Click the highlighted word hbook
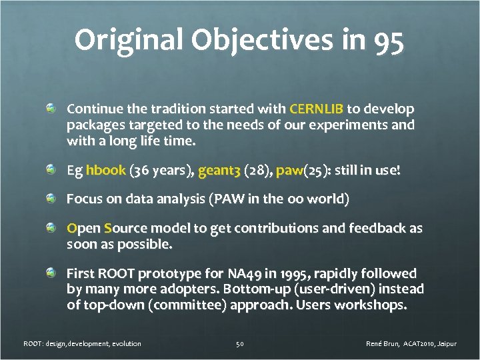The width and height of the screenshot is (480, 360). tap(105, 171)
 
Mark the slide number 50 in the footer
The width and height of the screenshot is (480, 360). tap(240, 343)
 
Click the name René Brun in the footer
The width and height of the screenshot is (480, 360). tap(383, 343)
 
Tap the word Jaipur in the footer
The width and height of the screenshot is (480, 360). tap(445, 343)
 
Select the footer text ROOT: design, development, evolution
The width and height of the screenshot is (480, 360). tap(82, 343)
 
